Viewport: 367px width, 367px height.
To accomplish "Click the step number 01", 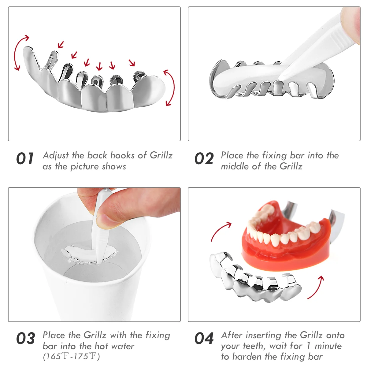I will pos(25,159).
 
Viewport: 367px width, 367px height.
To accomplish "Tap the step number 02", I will pos(204,159).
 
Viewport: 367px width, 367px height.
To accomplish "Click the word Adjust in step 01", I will pos(56,155).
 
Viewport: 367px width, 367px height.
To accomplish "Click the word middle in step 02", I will pos(232,166).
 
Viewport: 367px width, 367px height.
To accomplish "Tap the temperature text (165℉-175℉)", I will pos(72,357).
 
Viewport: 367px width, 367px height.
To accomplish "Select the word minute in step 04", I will pos(328,346).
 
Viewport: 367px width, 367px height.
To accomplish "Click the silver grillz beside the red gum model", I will pos(254,275).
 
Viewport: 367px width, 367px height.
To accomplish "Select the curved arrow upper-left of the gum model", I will pos(220,231).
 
